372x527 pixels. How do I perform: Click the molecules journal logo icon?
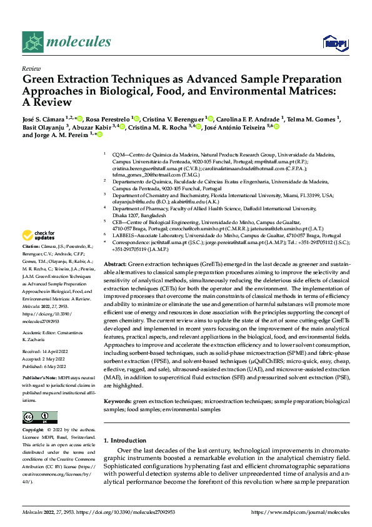click(x=33, y=42)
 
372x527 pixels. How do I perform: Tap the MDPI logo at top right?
click(x=334, y=43)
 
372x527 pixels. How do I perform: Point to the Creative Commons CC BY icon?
click(x=40, y=417)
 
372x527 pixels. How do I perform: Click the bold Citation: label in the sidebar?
click(x=32, y=248)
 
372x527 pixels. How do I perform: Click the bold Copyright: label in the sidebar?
click(x=34, y=431)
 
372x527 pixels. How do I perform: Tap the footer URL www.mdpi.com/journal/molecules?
click(x=300, y=512)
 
